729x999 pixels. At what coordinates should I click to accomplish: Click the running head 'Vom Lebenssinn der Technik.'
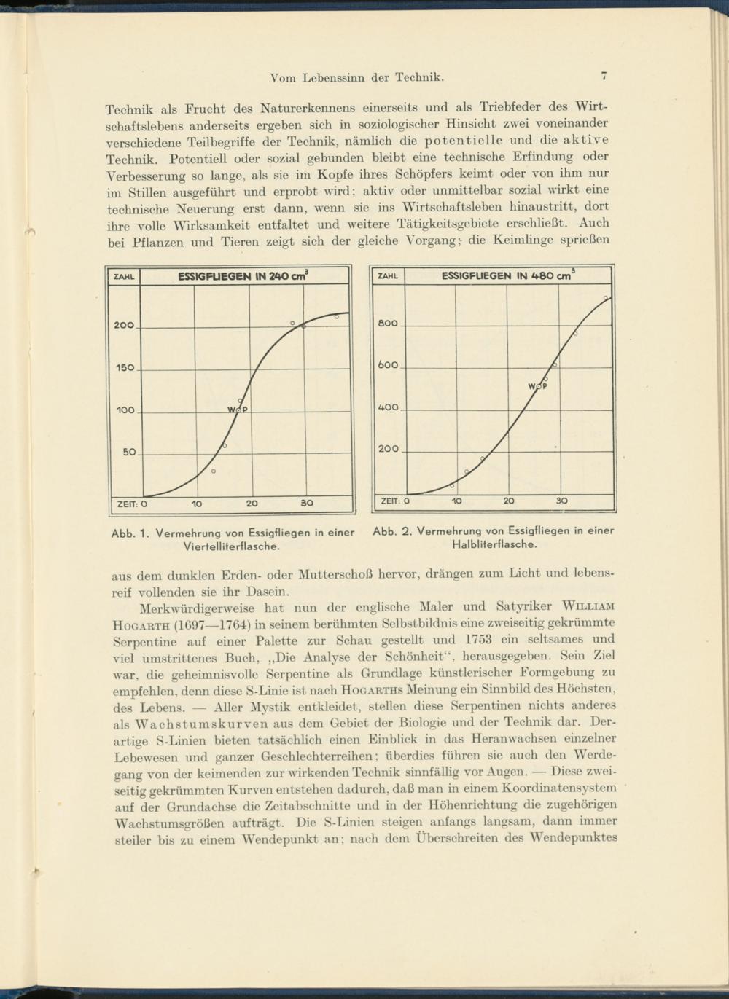357,77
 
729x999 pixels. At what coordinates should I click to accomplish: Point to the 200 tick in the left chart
124,325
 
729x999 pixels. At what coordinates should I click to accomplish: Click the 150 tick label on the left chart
124,368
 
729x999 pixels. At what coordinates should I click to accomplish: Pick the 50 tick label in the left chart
128,453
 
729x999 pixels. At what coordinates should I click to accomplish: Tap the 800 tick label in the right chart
389,323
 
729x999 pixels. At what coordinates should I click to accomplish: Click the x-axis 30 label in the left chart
307,503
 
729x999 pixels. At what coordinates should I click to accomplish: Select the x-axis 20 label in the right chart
509,501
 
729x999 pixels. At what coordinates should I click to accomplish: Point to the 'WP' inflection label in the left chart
238,410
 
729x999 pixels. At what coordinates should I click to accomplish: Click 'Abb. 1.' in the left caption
130,533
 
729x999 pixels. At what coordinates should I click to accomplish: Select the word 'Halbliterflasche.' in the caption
495,543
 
